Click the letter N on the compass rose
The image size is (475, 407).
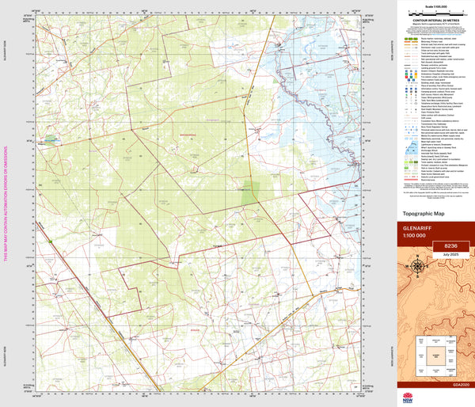coord(417,258)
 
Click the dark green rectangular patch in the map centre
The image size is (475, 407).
coord(251,191)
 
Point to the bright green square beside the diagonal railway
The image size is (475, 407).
coord(50,242)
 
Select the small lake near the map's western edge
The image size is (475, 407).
coord(50,140)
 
